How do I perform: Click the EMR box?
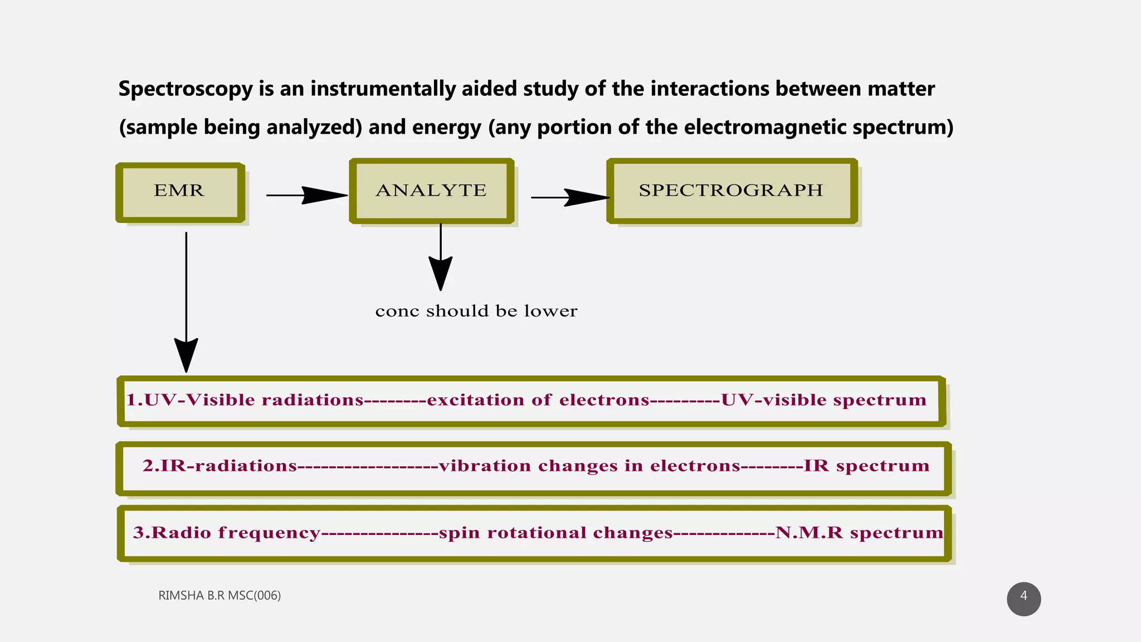pos(180,192)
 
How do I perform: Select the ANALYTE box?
pos(431,191)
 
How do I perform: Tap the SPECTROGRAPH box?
pos(732,191)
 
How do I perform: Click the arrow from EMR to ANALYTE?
pos(306,195)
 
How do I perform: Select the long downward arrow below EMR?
pos(186,301)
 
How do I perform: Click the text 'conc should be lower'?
pos(476,311)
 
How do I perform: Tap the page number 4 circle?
pos(1023,599)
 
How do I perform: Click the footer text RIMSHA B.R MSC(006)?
pos(220,595)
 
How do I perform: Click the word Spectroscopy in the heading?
pos(186,89)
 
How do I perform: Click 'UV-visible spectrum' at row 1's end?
pos(823,400)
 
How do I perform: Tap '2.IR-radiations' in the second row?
pos(220,466)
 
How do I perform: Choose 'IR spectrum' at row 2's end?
pos(866,466)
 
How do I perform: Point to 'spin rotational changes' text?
pos(555,533)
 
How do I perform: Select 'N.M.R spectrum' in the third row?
pos(859,533)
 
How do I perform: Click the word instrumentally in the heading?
pos(383,89)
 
